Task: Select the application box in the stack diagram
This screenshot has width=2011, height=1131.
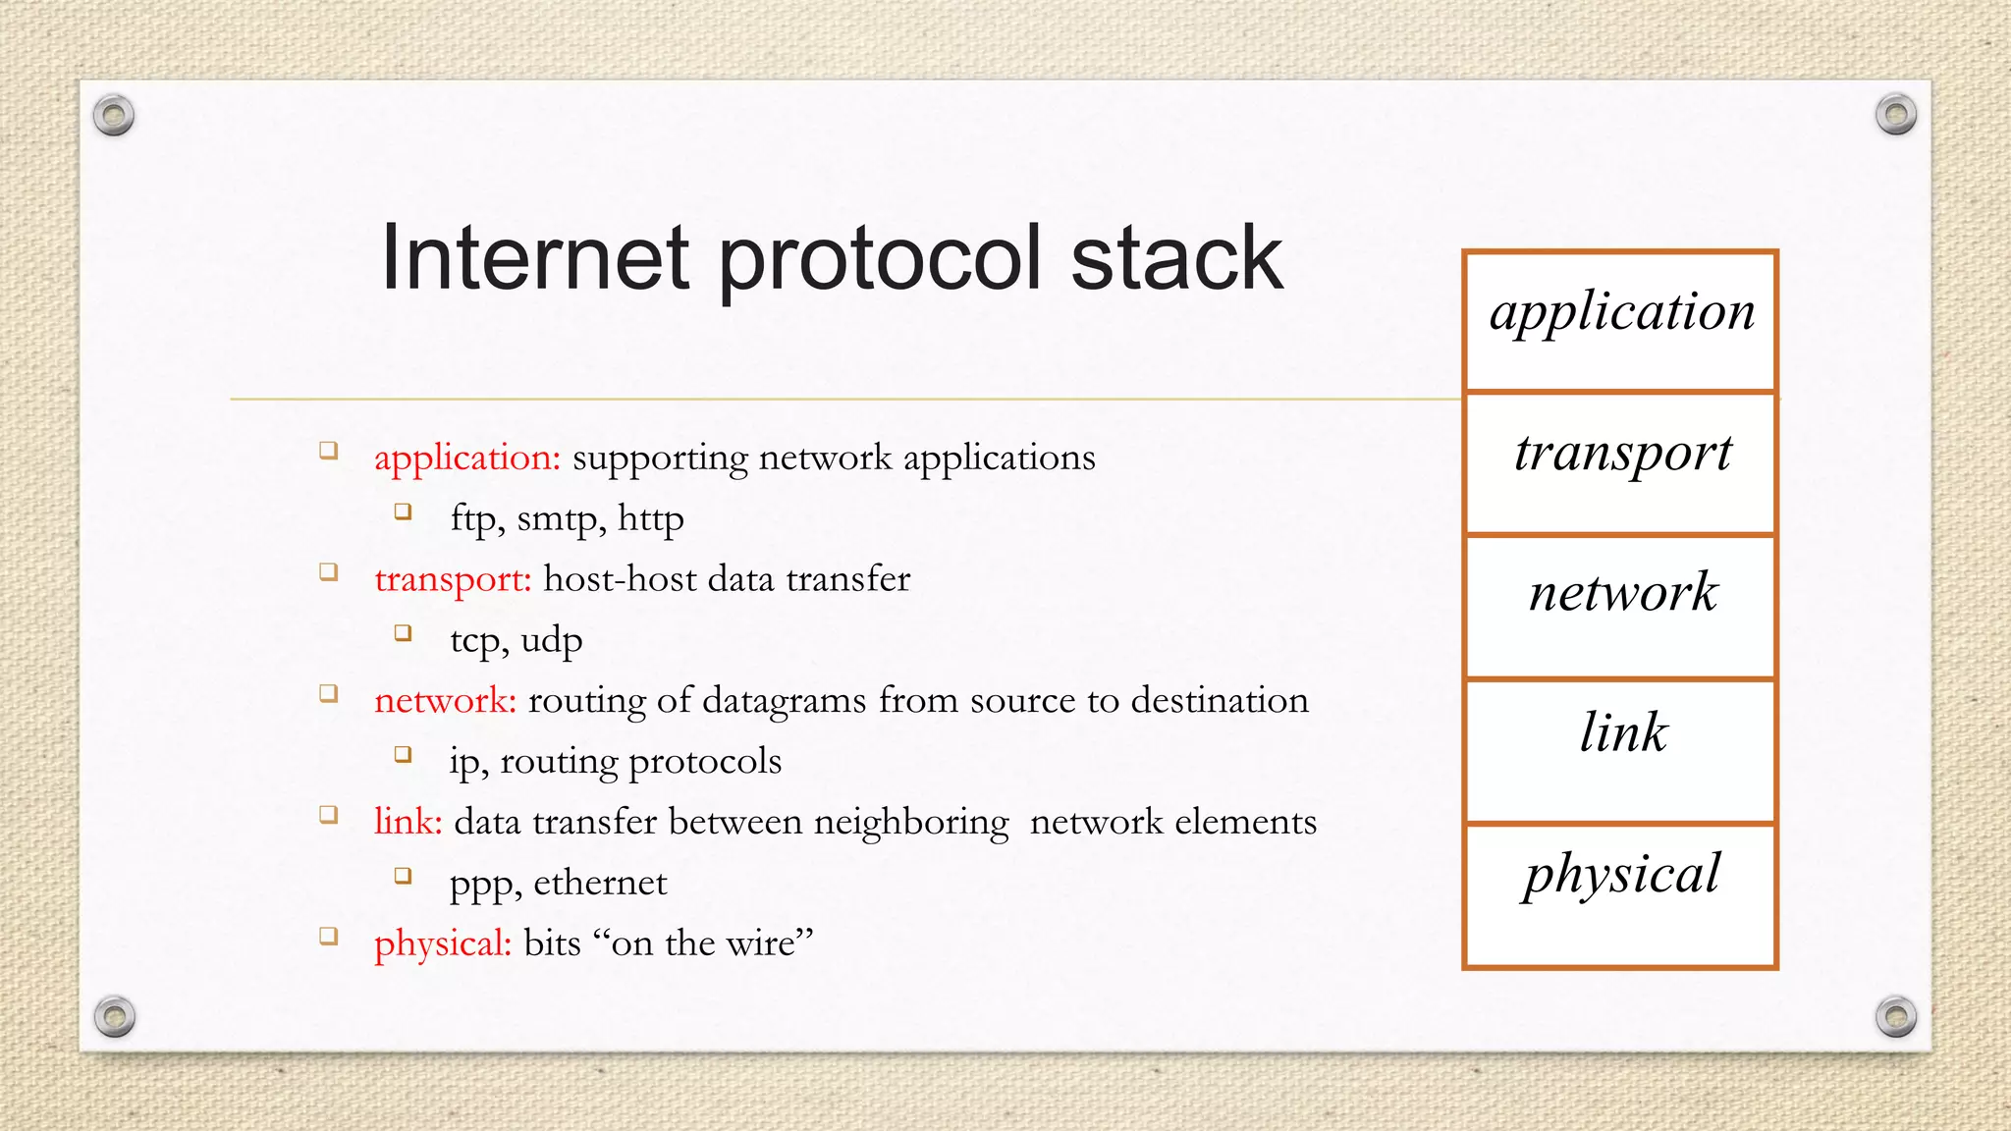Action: point(1620,321)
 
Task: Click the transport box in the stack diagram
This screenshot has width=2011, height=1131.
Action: point(1620,463)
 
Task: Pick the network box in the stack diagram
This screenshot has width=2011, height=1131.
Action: point(1620,606)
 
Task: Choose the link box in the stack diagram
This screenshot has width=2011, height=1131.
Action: point(1620,750)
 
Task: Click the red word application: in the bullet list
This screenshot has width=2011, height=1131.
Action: point(467,458)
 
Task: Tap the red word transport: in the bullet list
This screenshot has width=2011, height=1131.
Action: point(453,579)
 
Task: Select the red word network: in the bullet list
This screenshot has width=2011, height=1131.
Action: point(445,701)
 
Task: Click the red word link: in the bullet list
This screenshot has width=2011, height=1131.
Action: point(408,822)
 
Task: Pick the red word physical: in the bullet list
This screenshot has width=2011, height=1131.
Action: point(443,943)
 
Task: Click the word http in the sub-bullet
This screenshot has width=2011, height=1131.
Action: point(650,518)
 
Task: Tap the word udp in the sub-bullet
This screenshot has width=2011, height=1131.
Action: point(551,641)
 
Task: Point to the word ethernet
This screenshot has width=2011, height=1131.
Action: point(600,883)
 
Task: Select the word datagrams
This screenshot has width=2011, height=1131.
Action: point(785,701)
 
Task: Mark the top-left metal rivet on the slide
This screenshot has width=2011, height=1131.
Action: point(114,116)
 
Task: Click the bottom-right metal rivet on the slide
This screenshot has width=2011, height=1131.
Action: point(1895,1016)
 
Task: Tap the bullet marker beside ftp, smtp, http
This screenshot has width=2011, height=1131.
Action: point(403,512)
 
